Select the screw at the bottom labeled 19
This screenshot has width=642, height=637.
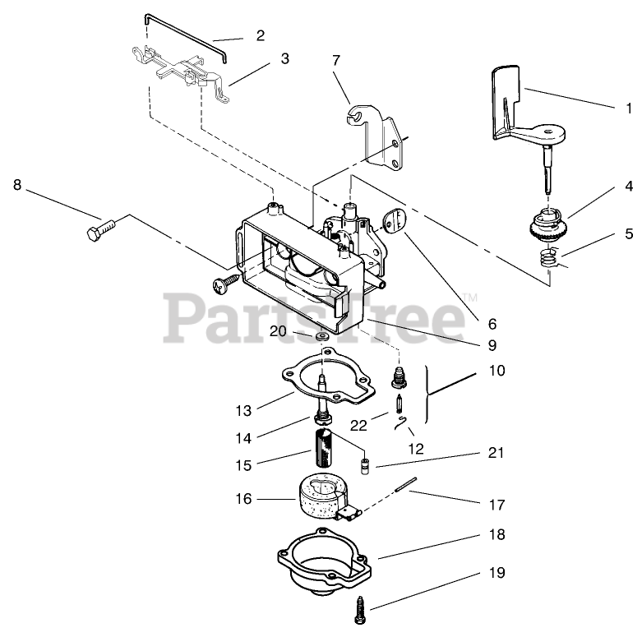[x=362, y=609]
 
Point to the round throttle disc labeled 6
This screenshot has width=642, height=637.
[x=397, y=219]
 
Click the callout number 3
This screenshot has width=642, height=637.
[x=284, y=58]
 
